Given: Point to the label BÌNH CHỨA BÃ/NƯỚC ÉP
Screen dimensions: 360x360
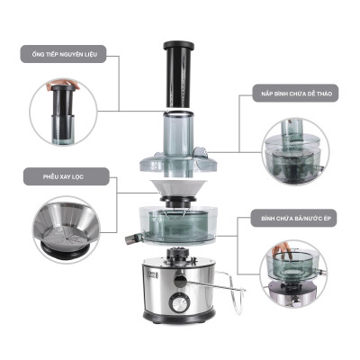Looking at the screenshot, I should [291, 219].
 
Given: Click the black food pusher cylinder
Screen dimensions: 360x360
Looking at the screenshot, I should [177, 76].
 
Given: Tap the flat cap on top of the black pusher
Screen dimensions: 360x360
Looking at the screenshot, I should [177, 44].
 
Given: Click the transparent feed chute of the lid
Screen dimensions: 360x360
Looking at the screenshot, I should [177, 126].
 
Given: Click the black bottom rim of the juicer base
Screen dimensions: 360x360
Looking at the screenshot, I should [177, 319].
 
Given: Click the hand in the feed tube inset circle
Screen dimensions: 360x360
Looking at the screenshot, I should [62, 86].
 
